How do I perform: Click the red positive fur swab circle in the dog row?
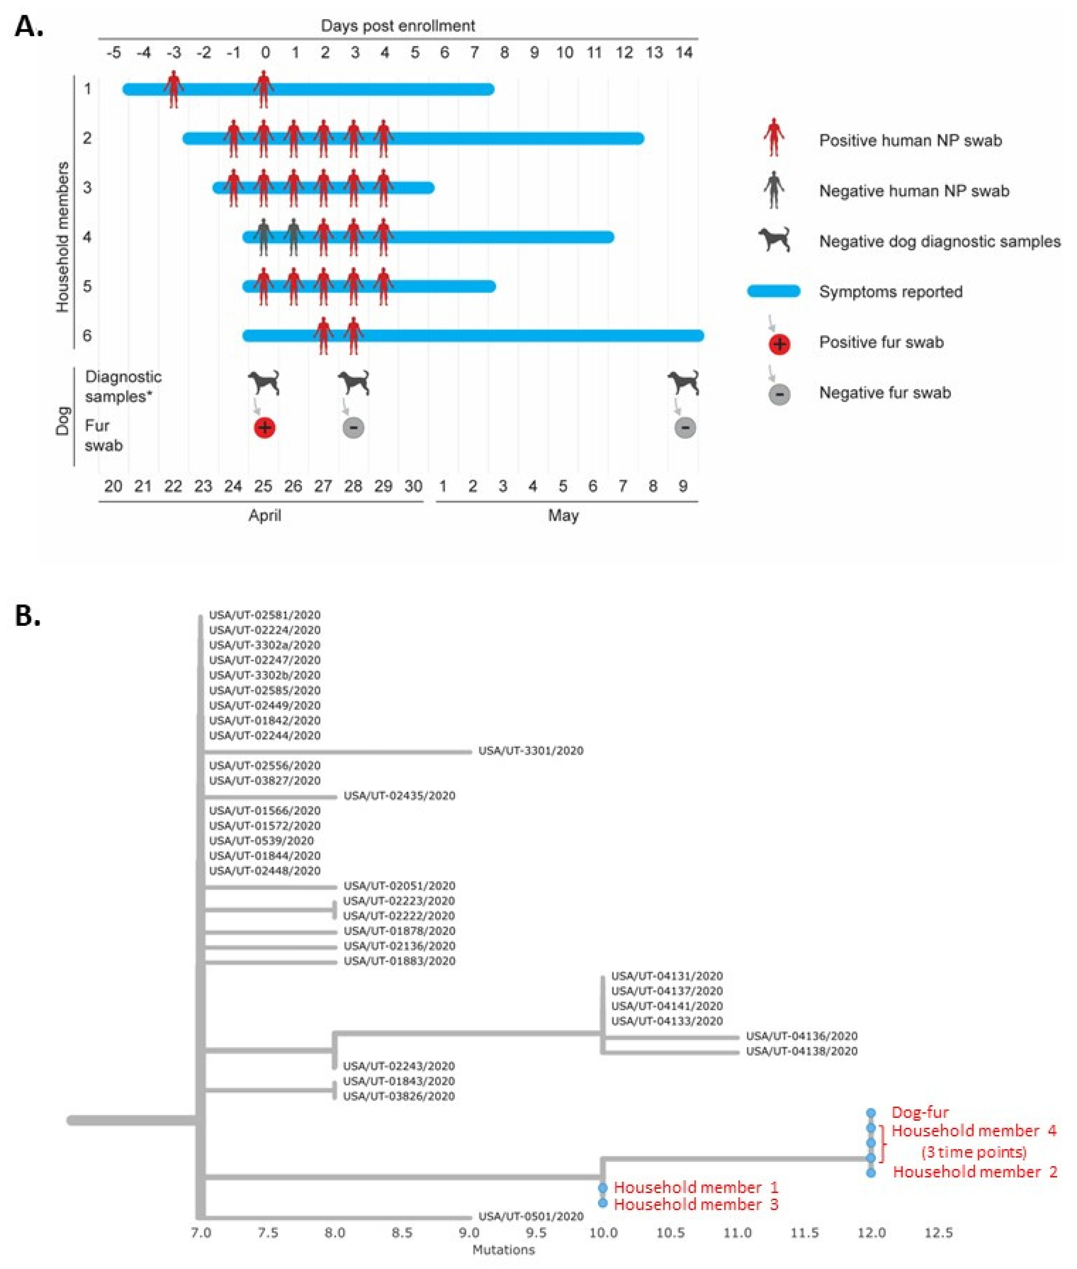click(264, 427)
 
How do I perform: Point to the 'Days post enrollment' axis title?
click(398, 26)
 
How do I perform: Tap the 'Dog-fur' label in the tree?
click(920, 1112)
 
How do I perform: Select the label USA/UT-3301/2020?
click(531, 751)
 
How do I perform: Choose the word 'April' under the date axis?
click(264, 515)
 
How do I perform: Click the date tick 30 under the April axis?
click(413, 486)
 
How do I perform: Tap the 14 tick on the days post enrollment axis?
click(684, 52)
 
